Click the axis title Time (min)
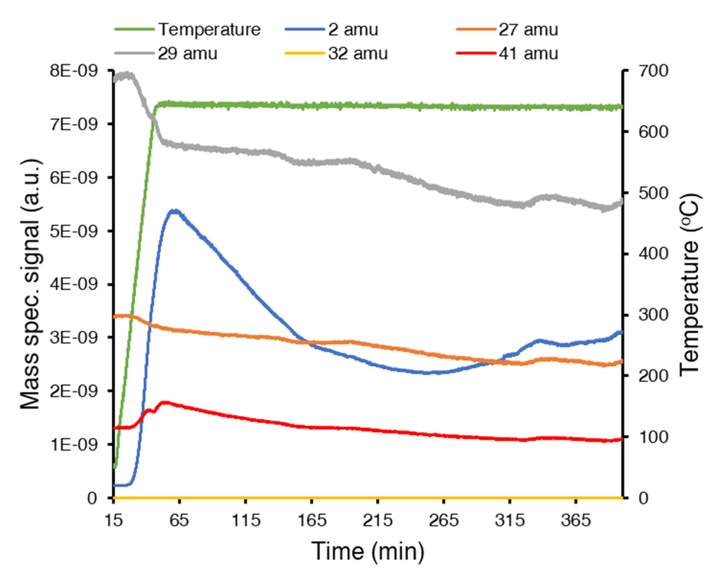tap(368, 551)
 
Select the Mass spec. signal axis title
tap(29, 284)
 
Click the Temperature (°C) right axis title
tap(691, 284)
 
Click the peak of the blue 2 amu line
tap(174, 211)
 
